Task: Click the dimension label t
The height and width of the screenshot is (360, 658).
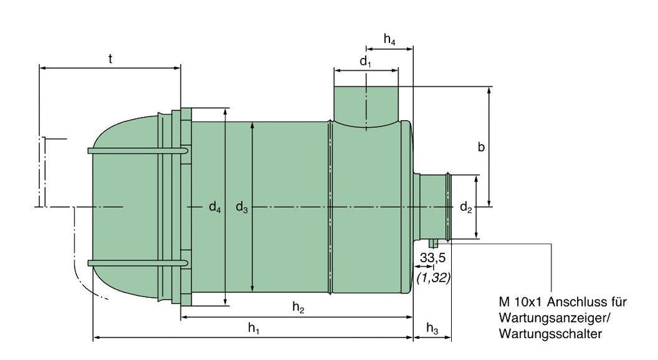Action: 111,59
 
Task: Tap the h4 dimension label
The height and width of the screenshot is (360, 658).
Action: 389,40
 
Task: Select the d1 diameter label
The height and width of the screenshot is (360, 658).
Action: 366,62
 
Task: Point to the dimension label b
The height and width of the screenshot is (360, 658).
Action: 481,147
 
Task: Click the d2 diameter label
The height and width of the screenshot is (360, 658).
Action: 466,208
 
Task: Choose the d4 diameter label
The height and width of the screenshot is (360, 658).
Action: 215,207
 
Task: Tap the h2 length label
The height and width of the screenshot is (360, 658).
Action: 298,308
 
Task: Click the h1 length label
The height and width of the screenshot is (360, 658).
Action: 254,328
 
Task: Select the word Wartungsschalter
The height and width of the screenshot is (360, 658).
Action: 549,334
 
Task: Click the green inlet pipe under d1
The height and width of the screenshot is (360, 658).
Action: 366,103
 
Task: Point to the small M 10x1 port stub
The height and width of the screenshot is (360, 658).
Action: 434,244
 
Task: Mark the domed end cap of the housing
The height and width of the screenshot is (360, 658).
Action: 122,206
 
